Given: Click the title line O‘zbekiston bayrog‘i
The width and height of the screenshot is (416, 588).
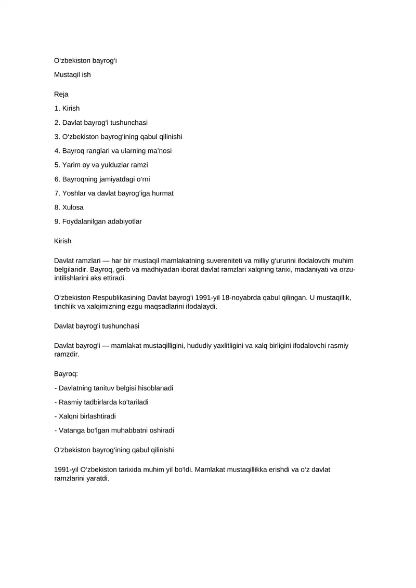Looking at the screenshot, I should click(x=85, y=61).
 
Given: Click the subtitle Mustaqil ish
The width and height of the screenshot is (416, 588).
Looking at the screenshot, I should click(x=72, y=75).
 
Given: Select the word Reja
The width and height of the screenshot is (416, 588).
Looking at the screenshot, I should click(x=61, y=95).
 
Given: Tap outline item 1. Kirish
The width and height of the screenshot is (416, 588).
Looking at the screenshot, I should click(x=67, y=109).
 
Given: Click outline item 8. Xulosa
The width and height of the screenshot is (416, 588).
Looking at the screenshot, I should click(x=69, y=207).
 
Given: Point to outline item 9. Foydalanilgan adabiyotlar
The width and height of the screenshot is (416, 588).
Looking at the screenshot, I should click(x=98, y=221).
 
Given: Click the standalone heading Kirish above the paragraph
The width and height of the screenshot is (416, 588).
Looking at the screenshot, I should click(x=63, y=241).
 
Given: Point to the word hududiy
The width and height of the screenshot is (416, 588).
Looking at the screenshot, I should click(x=204, y=346).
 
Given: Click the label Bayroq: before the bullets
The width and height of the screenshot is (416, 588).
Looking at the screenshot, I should click(x=66, y=374).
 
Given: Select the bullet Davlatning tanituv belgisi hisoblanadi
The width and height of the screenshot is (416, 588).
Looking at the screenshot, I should click(x=113, y=388).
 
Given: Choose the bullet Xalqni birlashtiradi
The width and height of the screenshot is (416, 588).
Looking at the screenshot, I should click(x=85, y=416).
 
